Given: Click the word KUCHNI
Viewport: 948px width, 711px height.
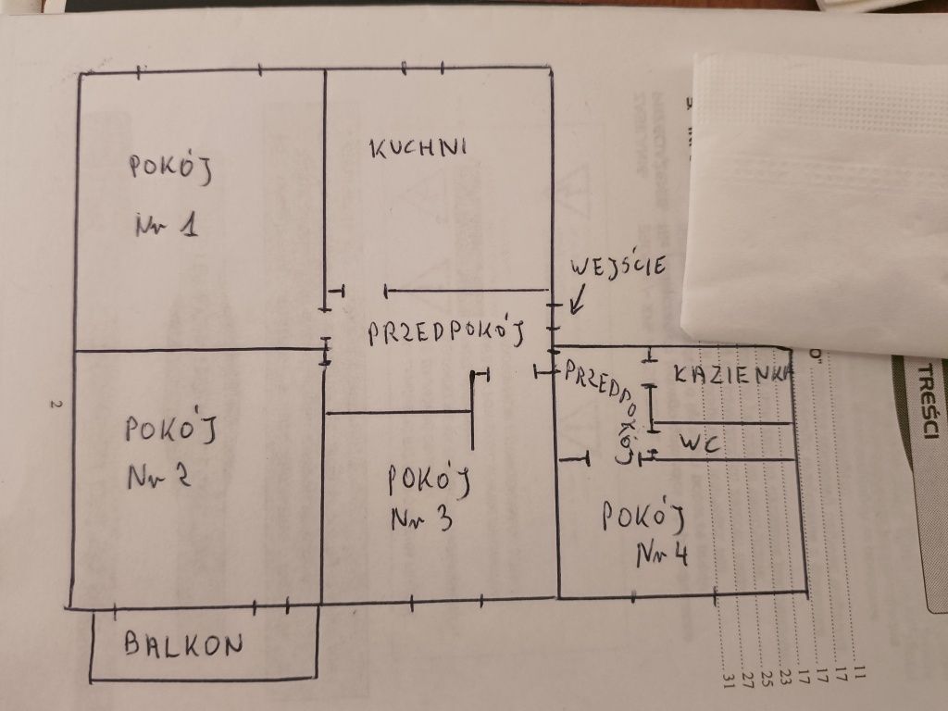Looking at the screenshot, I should pyautogui.click(x=418, y=148).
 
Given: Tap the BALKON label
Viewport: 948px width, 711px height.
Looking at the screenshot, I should pyautogui.click(x=183, y=644).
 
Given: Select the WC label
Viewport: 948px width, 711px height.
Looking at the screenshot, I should pyautogui.click(x=700, y=444).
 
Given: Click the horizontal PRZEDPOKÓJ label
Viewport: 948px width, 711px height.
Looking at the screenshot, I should pyautogui.click(x=447, y=332).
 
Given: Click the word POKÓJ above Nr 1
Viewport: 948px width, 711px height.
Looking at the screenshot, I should pyautogui.click(x=172, y=168).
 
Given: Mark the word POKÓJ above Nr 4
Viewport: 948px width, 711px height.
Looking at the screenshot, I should pyautogui.click(x=642, y=516).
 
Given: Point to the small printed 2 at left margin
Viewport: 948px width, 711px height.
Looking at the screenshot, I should pyautogui.click(x=55, y=405).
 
